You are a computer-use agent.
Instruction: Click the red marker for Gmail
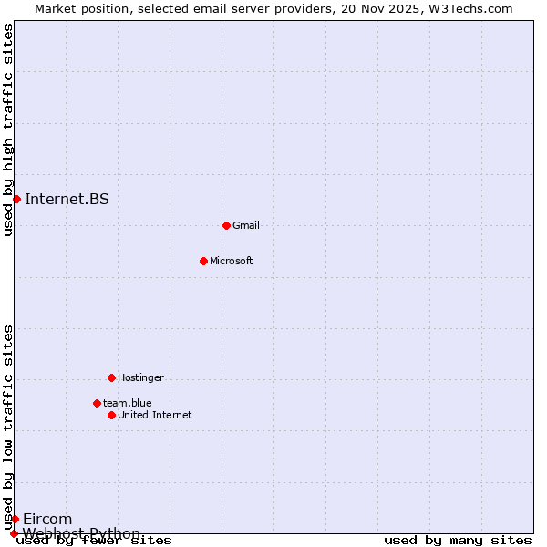point(226,225)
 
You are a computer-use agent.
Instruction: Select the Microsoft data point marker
point(203,261)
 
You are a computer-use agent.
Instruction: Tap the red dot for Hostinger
point(111,377)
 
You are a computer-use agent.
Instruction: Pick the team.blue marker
point(97,403)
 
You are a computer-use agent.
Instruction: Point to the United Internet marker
point(111,415)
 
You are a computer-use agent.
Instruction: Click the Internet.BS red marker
point(16,199)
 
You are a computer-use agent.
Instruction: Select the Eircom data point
point(15,519)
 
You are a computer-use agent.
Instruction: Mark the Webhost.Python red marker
point(14,533)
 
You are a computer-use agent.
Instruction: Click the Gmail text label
point(246,225)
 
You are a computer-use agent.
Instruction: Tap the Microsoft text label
point(232,261)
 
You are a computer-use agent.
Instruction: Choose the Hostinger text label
point(140,377)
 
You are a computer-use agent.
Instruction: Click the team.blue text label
point(128,403)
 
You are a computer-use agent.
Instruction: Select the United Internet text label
point(155,415)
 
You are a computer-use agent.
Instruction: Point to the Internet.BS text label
point(67,199)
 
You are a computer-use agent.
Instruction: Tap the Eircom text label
point(47,519)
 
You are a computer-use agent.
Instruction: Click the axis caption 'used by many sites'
point(458,540)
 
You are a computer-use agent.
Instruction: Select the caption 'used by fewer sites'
point(94,540)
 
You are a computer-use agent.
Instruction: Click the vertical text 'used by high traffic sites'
point(9,129)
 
